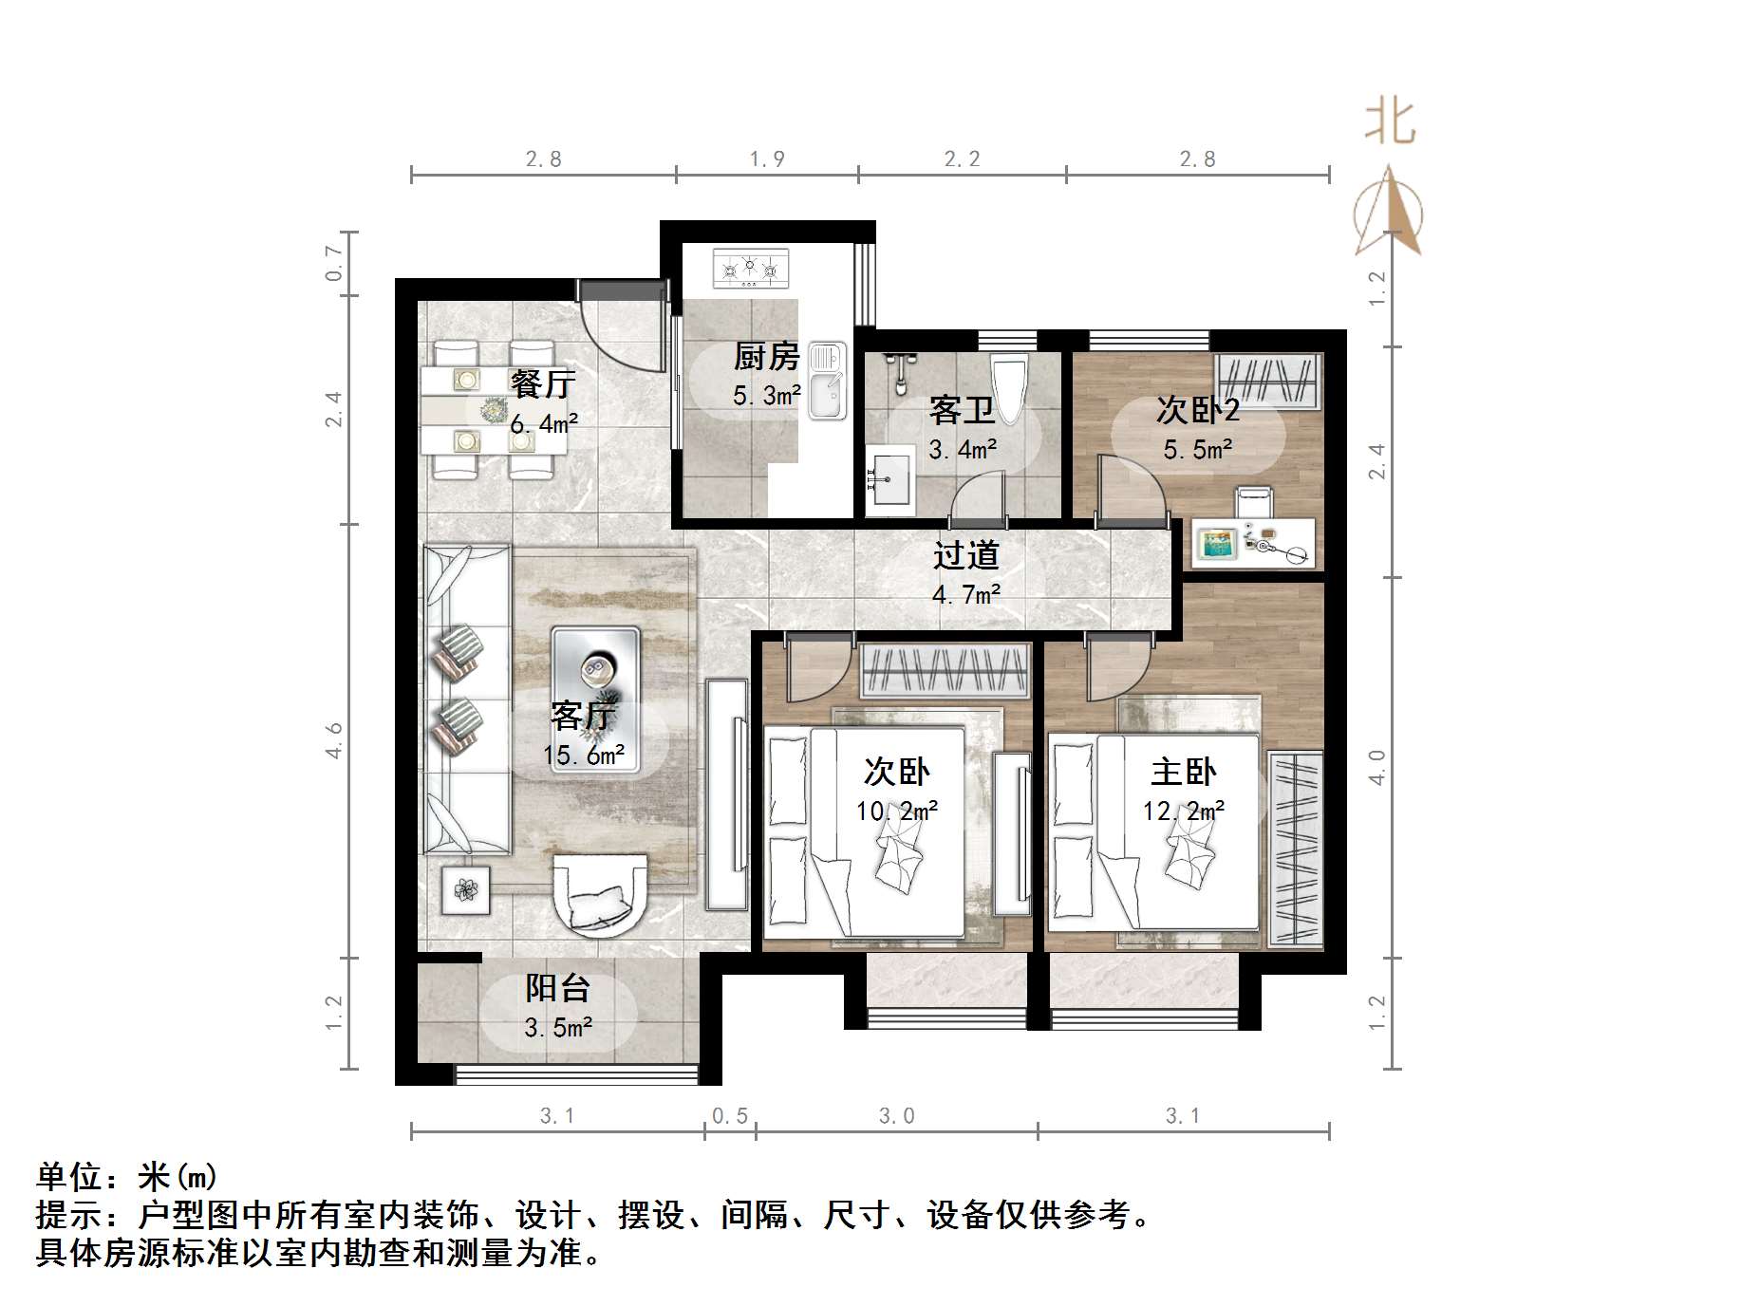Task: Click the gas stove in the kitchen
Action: coord(750,269)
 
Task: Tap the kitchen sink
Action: coord(827,382)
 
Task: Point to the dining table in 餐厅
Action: coord(494,410)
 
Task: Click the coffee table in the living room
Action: coord(596,699)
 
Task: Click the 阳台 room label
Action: coord(558,989)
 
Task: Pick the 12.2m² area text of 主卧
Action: coord(1184,812)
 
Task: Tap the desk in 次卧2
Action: coord(1253,543)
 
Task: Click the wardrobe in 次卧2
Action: coord(1267,381)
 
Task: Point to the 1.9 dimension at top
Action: coord(767,159)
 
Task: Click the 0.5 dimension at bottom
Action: coord(730,1116)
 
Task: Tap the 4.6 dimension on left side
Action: coord(334,740)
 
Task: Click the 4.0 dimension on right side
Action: coord(1378,767)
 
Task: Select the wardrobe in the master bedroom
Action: coord(1295,849)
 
